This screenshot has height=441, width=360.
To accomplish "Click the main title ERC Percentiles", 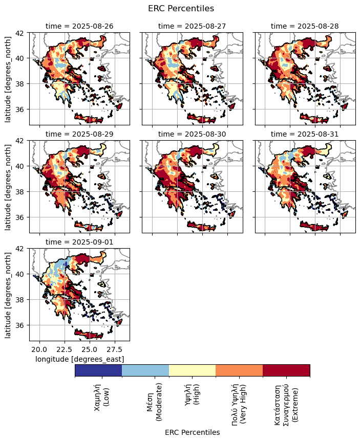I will point(181,8).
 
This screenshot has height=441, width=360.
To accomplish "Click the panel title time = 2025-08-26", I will point(79,26).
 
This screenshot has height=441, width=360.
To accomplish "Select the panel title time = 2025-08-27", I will point(192,26).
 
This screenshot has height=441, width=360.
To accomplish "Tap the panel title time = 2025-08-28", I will point(305,26).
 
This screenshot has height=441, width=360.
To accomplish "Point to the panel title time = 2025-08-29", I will point(79,134).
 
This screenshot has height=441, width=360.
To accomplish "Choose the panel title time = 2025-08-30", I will point(192,134).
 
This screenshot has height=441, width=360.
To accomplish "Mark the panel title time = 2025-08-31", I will point(305,134).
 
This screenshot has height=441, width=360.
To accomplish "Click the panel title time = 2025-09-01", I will point(79,241).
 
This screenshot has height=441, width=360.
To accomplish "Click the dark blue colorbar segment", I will point(98,370).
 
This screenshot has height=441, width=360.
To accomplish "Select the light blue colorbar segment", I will point(145,370).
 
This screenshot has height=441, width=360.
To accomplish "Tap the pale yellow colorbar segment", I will point(192,370).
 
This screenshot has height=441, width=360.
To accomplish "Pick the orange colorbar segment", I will point(239,370).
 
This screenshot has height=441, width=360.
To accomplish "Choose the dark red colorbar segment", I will point(286,370).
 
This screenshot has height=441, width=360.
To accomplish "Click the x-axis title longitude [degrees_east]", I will point(79,360).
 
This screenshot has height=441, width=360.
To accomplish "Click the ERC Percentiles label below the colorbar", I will point(192,432).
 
